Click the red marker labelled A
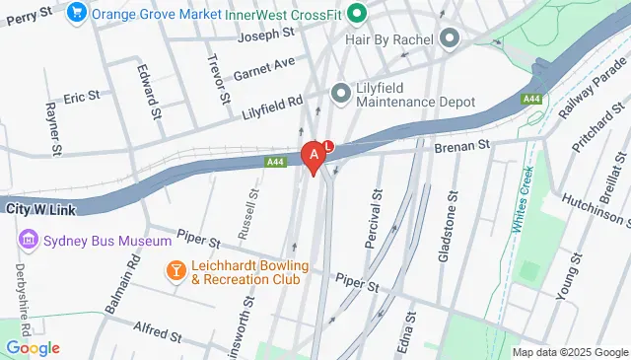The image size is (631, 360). (315, 156)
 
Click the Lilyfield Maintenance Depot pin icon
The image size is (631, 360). (341, 94)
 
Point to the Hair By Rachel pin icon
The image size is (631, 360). (450, 39)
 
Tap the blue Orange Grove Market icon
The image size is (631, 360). (77, 13)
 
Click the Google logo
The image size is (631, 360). (32, 348)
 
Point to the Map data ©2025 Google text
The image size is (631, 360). (570, 352)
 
